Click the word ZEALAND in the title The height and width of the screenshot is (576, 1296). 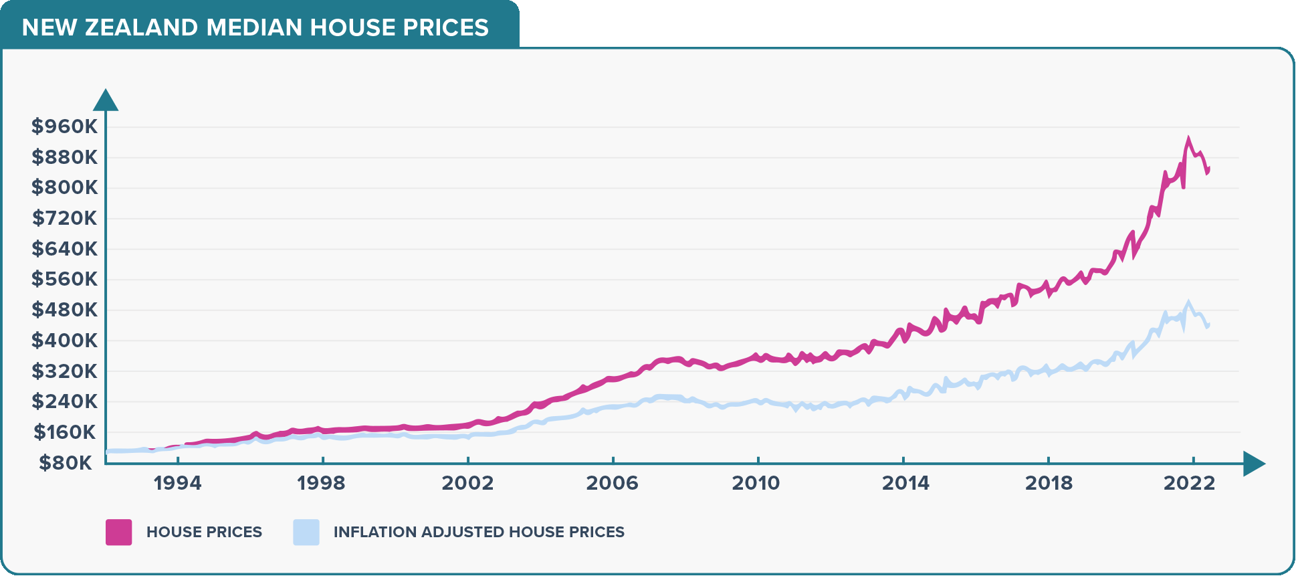(x=141, y=27)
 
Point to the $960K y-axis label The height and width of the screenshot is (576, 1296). (x=64, y=126)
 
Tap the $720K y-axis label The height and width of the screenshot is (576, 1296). (x=64, y=218)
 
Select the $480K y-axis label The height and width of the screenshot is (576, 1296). (x=64, y=310)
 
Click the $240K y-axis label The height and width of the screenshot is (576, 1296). (x=64, y=401)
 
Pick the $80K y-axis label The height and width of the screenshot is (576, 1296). (x=66, y=463)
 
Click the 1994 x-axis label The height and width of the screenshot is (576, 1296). (x=177, y=483)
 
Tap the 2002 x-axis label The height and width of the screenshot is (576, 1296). (x=467, y=483)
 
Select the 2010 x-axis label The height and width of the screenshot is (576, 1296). (x=756, y=483)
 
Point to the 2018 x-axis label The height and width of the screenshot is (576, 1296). (x=1049, y=483)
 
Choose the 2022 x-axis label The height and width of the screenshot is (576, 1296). (x=1189, y=483)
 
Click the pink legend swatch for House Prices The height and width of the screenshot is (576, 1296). (x=119, y=533)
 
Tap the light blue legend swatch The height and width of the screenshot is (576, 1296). (x=306, y=533)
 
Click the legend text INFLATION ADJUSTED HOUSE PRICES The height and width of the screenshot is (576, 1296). (x=479, y=533)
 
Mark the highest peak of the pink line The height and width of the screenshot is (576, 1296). (x=1188, y=139)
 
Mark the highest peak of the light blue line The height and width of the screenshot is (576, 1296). (x=1188, y=302)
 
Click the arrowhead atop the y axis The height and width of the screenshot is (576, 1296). (x=106, y=100)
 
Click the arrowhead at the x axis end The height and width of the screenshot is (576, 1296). (x=1254, y=463)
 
